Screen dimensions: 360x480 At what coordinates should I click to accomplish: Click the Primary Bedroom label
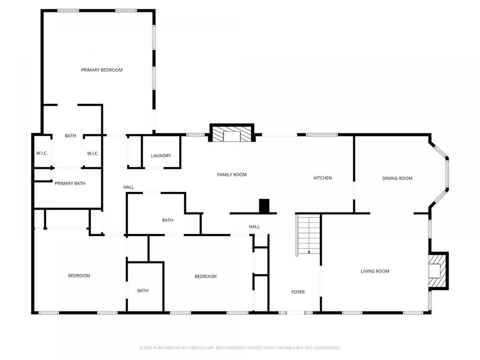pyautogui.click(x=102, y=70)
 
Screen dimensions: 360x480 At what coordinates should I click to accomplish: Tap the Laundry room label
pyautogui.click(x=161, y=156)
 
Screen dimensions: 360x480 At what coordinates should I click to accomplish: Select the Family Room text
pyautogui.click(x=231, y=174)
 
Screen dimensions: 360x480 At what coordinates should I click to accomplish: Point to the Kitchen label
pyautogui.click(x=323, y=178)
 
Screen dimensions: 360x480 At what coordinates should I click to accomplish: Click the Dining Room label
pyautogui.click(x=397, y=178)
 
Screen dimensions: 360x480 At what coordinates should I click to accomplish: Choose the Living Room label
pyautogui.click(x=375, y=271)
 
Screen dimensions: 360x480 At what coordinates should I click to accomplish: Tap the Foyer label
pyautogui.click(x=298, y=292)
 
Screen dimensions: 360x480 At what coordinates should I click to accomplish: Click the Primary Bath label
pyautogui.click(x=70, y=183)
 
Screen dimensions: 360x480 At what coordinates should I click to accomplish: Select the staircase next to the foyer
pyautogui.click(x=308, y=235)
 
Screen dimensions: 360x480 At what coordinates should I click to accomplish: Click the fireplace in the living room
pyautogui.click(x=438, y=270)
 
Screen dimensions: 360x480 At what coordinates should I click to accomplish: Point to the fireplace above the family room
pyautogui.click(x=231, y=133)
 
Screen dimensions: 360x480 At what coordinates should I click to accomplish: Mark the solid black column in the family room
pyautogui.click(x=264, y=205)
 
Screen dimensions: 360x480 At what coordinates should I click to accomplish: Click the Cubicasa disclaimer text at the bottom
pyautogui.click(x=239, y=348)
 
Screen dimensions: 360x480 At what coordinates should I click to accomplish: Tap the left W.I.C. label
pyautogui.click(x=42, y=154)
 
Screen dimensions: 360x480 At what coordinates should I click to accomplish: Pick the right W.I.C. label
pyautogui.click(x=93, y=154)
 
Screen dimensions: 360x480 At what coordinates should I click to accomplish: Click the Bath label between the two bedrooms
pyautogui.click(x=142, y=291)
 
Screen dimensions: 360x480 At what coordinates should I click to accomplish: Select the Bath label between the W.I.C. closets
pyautogui.click(x=70, y=136)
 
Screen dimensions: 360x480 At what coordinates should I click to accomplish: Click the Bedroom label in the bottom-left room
pyautogui.click(x=79, y=276)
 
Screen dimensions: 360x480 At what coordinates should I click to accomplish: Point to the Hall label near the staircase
pyautogui.click(x=254, y=227)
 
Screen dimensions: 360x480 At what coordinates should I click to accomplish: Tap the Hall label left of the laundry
pyautogui.click(x=129, y=187)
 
